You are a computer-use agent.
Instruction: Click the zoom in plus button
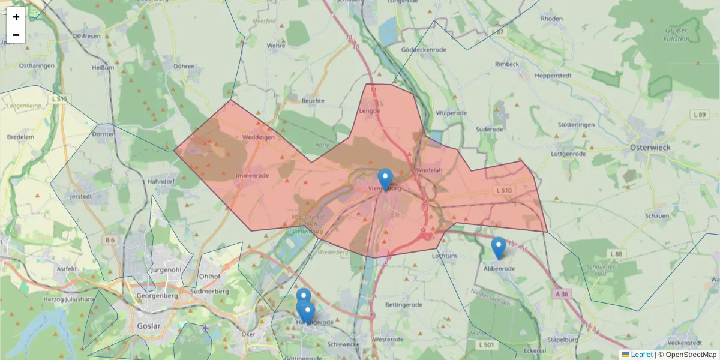pos(16,17)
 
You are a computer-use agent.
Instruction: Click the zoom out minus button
pos(16,35)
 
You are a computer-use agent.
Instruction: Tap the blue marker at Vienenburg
pos(385,179)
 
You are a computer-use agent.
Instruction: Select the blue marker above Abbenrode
pos(498,247)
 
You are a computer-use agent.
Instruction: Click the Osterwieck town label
pos(650,146)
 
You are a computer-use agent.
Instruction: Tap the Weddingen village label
pos(258,137)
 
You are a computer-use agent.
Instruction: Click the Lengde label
pos(370,110)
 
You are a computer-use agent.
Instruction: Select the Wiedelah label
pos(428,170)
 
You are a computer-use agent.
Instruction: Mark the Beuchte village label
pos(313,101)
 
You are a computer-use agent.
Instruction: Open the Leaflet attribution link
pos(641,355)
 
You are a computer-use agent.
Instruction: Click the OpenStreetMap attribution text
pos(691,355)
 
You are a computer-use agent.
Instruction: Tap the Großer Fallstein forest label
pos(677,34)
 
